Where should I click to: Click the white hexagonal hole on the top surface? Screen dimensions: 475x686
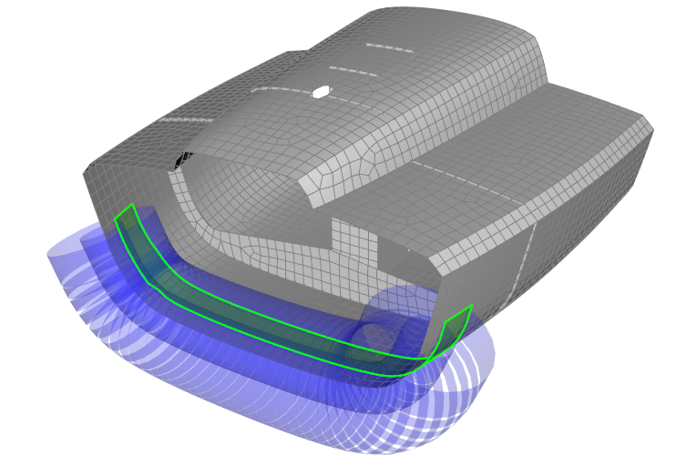click(321, 91)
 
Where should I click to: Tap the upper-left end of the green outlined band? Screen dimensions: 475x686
click(125, 213)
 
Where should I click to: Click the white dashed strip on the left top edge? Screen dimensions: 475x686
click(186, 119)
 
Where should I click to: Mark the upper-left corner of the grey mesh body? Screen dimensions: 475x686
click(87, 170)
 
